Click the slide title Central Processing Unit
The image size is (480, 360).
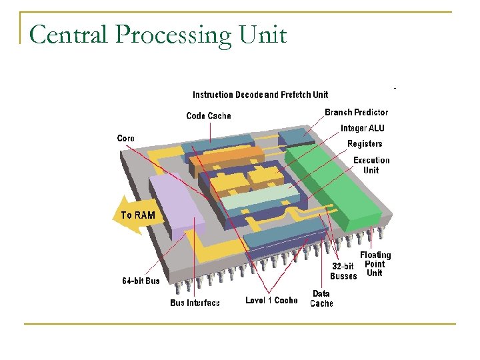pyautogui.click(x=158, y=34)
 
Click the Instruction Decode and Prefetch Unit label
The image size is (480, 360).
pyautogui.click(x=260, y=95)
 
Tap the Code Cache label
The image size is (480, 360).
pyautogui.click(x=208, y=116)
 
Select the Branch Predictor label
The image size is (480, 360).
pyautogui.click(x=356, y=112)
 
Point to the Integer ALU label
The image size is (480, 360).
pyautogui.click(x=362, y=128)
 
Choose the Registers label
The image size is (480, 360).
pyautogui.click(x=365, y=143)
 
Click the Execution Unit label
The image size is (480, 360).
pyautogui.click(x=371, y=165)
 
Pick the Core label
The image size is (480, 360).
pyautogui.click(x=125, y=138)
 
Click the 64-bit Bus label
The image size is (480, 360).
pyautogui.click(x=141, y=281)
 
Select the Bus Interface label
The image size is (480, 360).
pyautogui.click(x=195, y=303)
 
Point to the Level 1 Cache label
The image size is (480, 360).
pyautogui.click(x=271, y=300)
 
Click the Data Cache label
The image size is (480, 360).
pyautogui.click(x=321, y=298)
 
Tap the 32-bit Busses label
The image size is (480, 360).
pyautogui.click(x=343, y=271)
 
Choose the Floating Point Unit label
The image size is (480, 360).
pyautogui.click(x=375, y=264)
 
